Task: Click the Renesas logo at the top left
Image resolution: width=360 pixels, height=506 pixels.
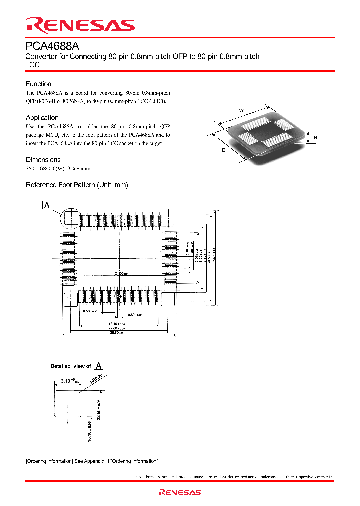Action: (x=80, y=25)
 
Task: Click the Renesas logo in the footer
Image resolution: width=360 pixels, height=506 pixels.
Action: (x=179, y=492)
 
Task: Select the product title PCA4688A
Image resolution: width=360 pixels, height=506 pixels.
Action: (x=52, y=46)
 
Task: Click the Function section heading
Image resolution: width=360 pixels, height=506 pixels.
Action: (x=39, y=84)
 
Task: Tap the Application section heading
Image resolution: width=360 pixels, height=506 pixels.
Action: (x=42, y=117)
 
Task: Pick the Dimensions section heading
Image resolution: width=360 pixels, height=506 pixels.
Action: (x=43, y=159)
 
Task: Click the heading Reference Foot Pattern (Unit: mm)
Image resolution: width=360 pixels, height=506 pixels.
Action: (x=77, y=185)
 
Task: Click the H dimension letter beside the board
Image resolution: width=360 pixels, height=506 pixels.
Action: (x=316, y=137)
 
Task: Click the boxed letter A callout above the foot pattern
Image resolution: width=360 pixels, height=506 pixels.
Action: (x=47, y=205)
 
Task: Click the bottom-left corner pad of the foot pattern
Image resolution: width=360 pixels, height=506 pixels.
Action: (x=70, y=299)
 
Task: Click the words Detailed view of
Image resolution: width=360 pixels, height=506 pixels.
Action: (x=71, y=366)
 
